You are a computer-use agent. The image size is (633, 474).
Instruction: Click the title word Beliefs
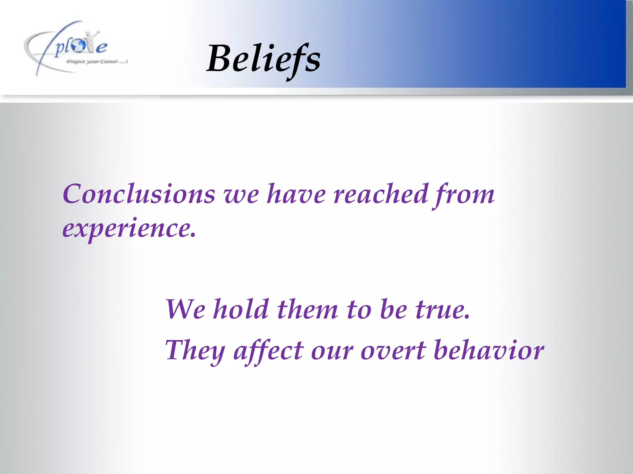(x=263, y=59)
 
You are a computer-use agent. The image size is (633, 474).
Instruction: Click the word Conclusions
(x=139, y=194)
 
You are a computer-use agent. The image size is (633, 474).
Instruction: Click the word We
(x=185, y=309)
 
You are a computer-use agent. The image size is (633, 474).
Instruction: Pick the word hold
(x=241, y=309)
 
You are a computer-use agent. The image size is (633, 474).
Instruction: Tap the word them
(x=307, y=309)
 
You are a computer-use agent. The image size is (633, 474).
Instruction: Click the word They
(x=195, y=351)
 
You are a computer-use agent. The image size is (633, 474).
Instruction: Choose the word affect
(x=269, y=351)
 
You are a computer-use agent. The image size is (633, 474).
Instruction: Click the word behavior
(x=489, y=351)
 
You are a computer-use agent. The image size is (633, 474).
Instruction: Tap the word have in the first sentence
(x=296, y=194)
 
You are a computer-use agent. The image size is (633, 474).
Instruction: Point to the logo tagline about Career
(x=97, y=62)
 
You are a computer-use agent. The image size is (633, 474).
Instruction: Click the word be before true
(x=393, y=309)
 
